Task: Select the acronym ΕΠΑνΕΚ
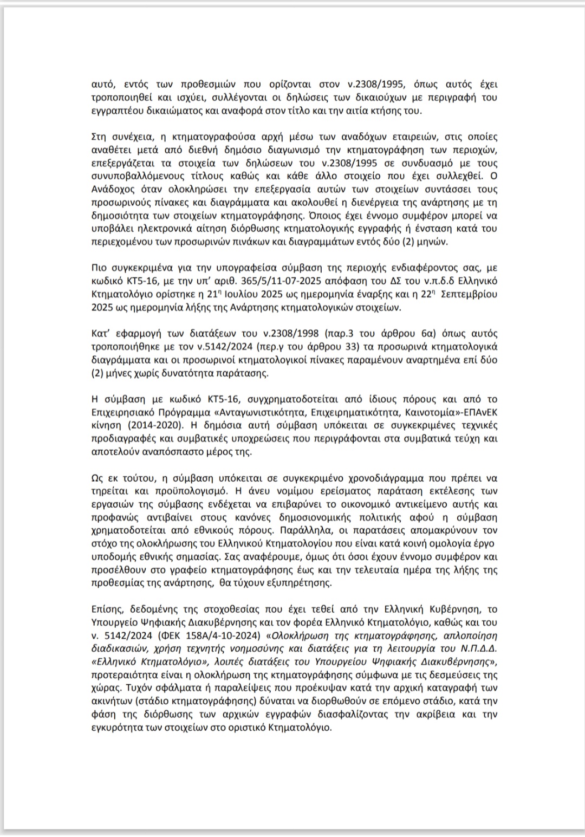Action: (474, 412)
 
